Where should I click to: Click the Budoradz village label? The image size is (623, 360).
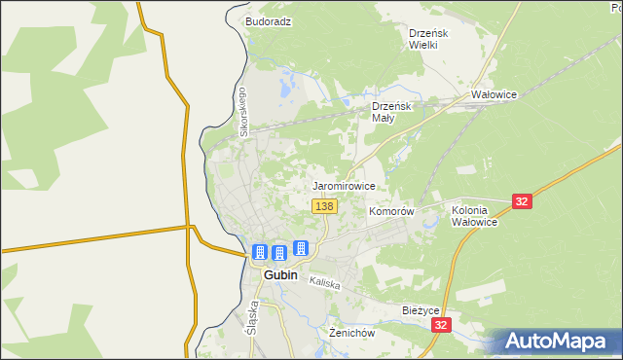tap(269, 20)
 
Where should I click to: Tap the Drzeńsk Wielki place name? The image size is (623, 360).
tap(427, 38)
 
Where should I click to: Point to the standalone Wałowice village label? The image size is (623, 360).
tap(494, 95)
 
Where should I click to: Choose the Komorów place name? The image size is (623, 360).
tap(392, 211)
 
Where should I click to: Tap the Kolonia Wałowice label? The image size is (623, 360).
tap(475, 216)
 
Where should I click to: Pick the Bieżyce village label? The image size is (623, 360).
tap(422, 310)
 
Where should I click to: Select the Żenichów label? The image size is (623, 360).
tap(351, 333)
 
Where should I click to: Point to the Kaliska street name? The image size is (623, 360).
tap(324, 283)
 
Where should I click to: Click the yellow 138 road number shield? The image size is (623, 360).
tap(325, 206)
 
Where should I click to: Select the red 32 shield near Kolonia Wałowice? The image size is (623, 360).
tap(523, 201)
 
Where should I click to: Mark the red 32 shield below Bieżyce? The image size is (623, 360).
tap(442, 325)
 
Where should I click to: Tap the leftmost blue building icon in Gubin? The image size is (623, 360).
tap(259, 252)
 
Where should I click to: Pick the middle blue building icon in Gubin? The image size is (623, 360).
tap(278, 253)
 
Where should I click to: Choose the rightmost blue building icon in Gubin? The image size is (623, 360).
tap(301, 248)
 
